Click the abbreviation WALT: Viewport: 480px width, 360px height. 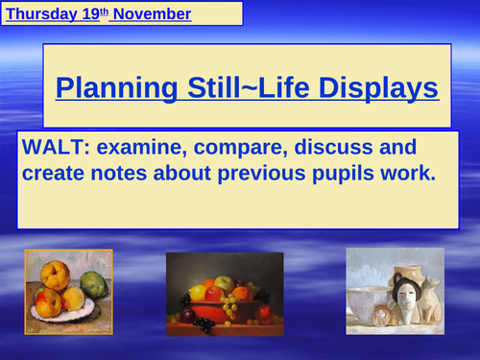(x=55, y=149)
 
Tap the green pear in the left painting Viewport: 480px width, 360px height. (x=93, y=285)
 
